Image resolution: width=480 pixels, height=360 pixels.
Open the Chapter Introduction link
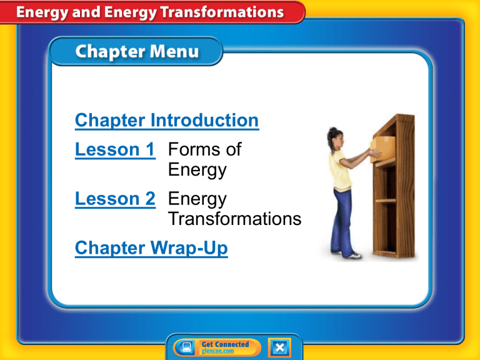166,120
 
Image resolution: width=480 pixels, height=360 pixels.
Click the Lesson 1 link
115,149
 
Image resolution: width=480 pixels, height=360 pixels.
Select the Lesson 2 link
115,199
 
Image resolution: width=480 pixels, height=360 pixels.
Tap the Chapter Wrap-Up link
151,249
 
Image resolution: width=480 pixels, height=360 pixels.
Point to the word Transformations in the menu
234,219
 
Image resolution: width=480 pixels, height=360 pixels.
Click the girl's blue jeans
343,219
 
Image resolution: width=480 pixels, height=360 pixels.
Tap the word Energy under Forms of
197,170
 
